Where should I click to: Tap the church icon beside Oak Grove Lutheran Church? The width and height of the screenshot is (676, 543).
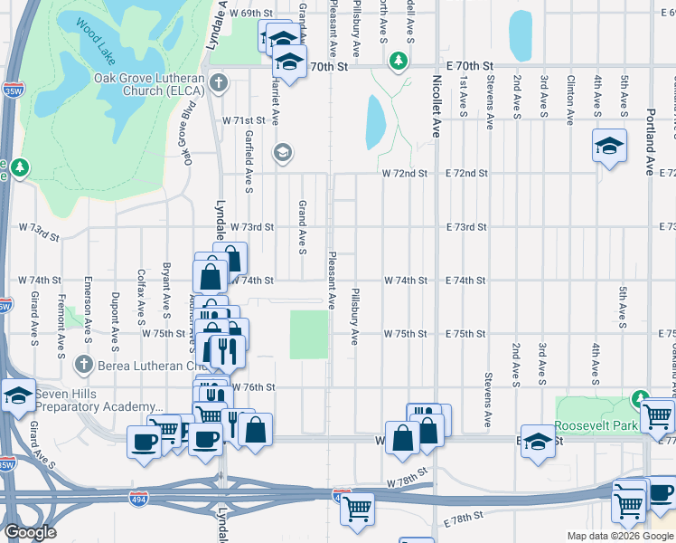pyautogui.click(x=218, y=84)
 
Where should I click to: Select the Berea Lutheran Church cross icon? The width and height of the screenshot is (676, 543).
pyautogui.click(x=84, y=365)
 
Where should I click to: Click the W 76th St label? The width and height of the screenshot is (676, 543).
pyautogui.click(x=253, y=386)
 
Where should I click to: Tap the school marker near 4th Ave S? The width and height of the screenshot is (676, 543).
pyautogui.click(x=609, y=145)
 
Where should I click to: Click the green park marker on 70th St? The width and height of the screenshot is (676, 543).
pyautogui.click(x=397, y=61)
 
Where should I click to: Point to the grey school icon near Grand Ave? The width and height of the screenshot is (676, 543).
pyautogui.click(x=283, y=152)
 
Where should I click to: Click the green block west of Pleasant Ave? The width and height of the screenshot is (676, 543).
pyautogui.click(x=309, y=334)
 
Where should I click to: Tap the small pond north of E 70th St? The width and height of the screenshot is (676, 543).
pyautogui.click(x=520, y=36)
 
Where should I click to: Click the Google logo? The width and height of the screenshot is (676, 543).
pyautogui.click(x=30, y=532)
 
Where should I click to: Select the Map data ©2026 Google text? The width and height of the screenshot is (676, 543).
pyautogui.click(x=619, y=536)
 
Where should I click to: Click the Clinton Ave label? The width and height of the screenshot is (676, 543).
pyautogui.click(x=570, y=100)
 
